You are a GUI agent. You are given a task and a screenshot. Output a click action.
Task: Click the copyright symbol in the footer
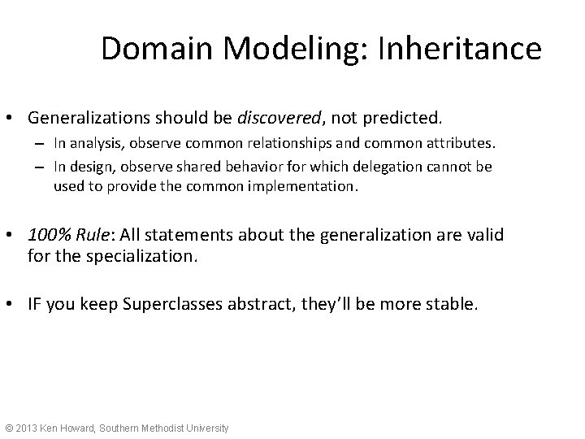pos(10,428)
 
